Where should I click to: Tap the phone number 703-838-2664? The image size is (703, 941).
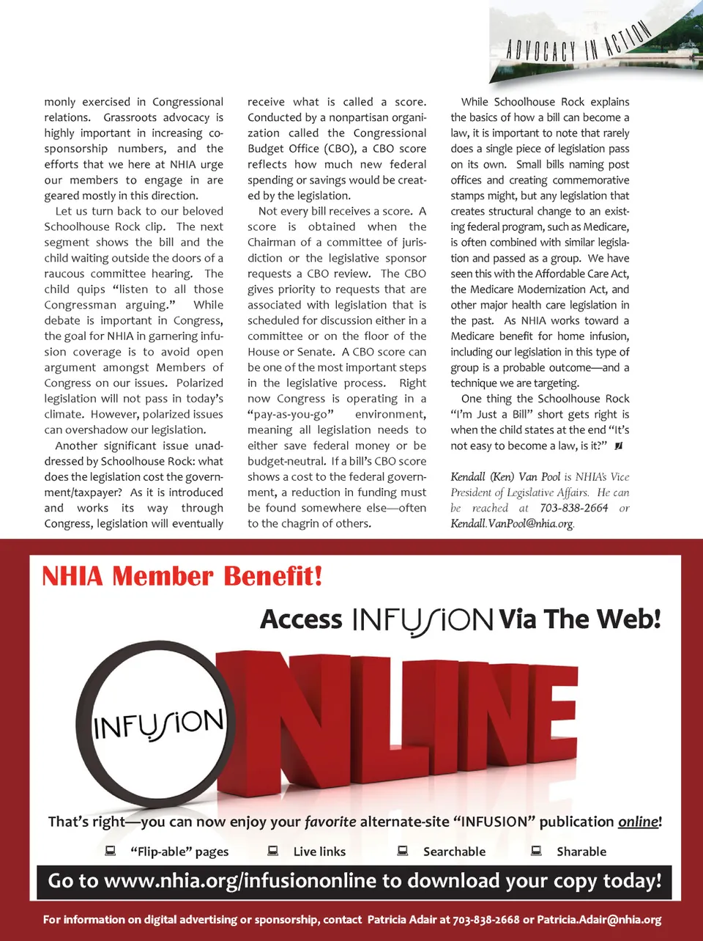point(573,508)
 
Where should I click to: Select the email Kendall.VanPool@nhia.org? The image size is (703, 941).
point(512,523)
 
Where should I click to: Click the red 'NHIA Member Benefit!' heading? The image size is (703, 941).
point(182,576)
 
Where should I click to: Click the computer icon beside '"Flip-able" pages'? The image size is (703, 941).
point(111,851)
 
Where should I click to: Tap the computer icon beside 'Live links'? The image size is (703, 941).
point(272,851)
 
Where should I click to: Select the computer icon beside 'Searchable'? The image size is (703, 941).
point(402,851)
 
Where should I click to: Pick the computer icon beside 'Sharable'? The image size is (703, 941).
point(536,851)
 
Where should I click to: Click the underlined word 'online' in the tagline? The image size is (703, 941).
point(639,822)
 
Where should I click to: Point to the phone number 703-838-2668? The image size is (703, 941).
point(486,920)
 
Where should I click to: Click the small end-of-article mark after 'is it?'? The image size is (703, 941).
point(619,446)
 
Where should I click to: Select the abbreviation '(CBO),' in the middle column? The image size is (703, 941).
point(340,149)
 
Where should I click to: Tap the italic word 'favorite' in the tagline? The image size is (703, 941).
point(330,822)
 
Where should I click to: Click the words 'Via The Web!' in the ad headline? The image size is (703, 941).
point(579,619)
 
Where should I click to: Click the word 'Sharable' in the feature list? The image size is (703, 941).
point(581,852)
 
